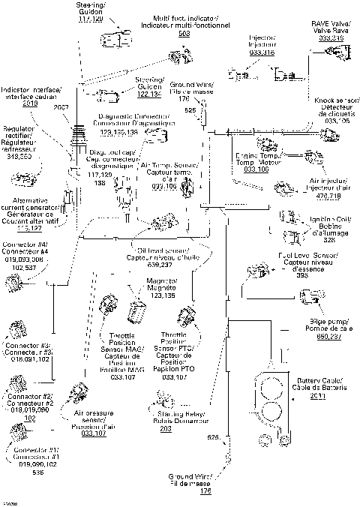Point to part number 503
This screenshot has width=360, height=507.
pyautogui.click(x=183, y=34)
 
